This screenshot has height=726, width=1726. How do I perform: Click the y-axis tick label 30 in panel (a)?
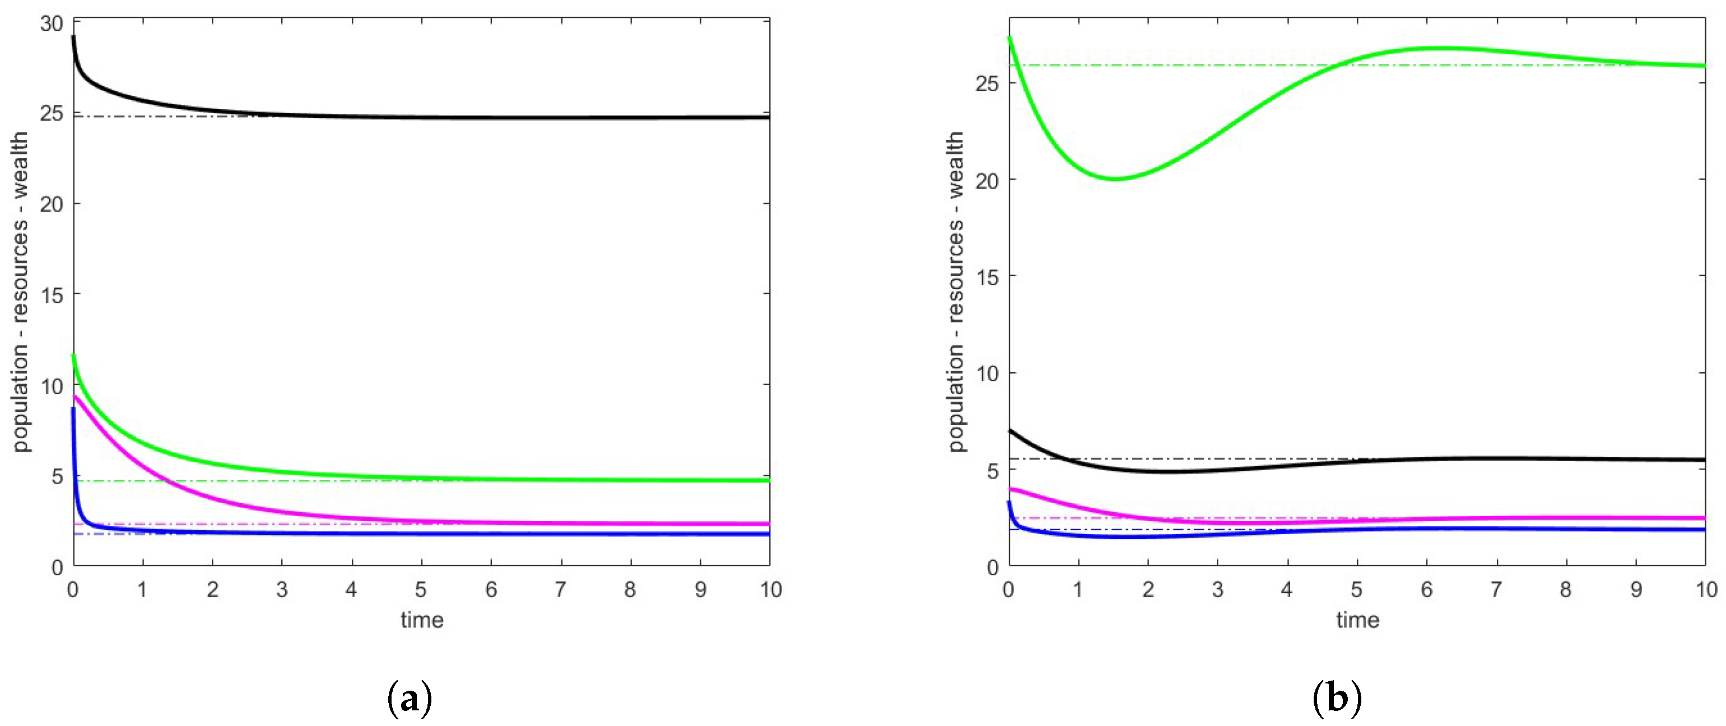point(51,24)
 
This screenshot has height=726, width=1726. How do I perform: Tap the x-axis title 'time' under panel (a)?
point(422,620)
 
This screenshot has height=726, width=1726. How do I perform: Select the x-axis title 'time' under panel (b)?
point(1357,620)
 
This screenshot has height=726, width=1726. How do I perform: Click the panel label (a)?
point(410,699)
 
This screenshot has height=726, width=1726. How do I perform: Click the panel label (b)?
point(1337,699)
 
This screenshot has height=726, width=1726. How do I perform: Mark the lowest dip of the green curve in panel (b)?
point(1115,179)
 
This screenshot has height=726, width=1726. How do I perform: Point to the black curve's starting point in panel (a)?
point(73,36)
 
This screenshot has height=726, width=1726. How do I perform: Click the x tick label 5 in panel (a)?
point(421,589)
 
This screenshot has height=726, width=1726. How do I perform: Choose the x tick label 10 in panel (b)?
point(1706,589)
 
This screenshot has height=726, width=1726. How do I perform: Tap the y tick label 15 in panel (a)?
point(51,294)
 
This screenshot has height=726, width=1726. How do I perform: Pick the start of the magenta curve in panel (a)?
point(75,396)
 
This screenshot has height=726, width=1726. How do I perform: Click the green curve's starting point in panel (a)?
point(74,355)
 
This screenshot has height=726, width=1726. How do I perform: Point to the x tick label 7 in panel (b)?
point(1496,589)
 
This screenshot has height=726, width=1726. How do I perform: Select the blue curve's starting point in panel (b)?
point(1009,502)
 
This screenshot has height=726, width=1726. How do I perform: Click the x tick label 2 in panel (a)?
point(212,589)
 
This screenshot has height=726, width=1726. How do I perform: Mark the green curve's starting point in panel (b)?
point(1009,37)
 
